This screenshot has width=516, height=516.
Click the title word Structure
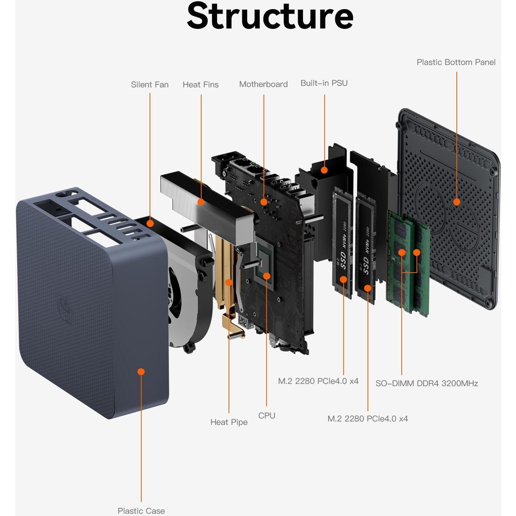270,16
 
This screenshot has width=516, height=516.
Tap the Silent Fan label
150,85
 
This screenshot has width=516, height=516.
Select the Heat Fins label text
200,85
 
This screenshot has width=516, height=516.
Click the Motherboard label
263,84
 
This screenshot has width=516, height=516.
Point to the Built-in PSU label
324,83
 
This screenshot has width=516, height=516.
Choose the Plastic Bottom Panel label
456,62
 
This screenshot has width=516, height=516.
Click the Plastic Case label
141,511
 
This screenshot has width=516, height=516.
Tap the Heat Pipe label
229,422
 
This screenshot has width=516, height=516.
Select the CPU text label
267,416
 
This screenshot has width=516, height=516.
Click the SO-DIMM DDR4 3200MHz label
426,383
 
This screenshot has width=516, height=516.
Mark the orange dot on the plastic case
141,372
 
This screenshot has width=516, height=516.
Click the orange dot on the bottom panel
457,202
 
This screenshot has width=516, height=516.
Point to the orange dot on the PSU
324,170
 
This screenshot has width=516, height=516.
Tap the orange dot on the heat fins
201,202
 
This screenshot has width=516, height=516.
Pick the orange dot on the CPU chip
267,276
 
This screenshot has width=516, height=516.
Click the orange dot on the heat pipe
229,282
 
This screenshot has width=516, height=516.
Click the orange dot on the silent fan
150,223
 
